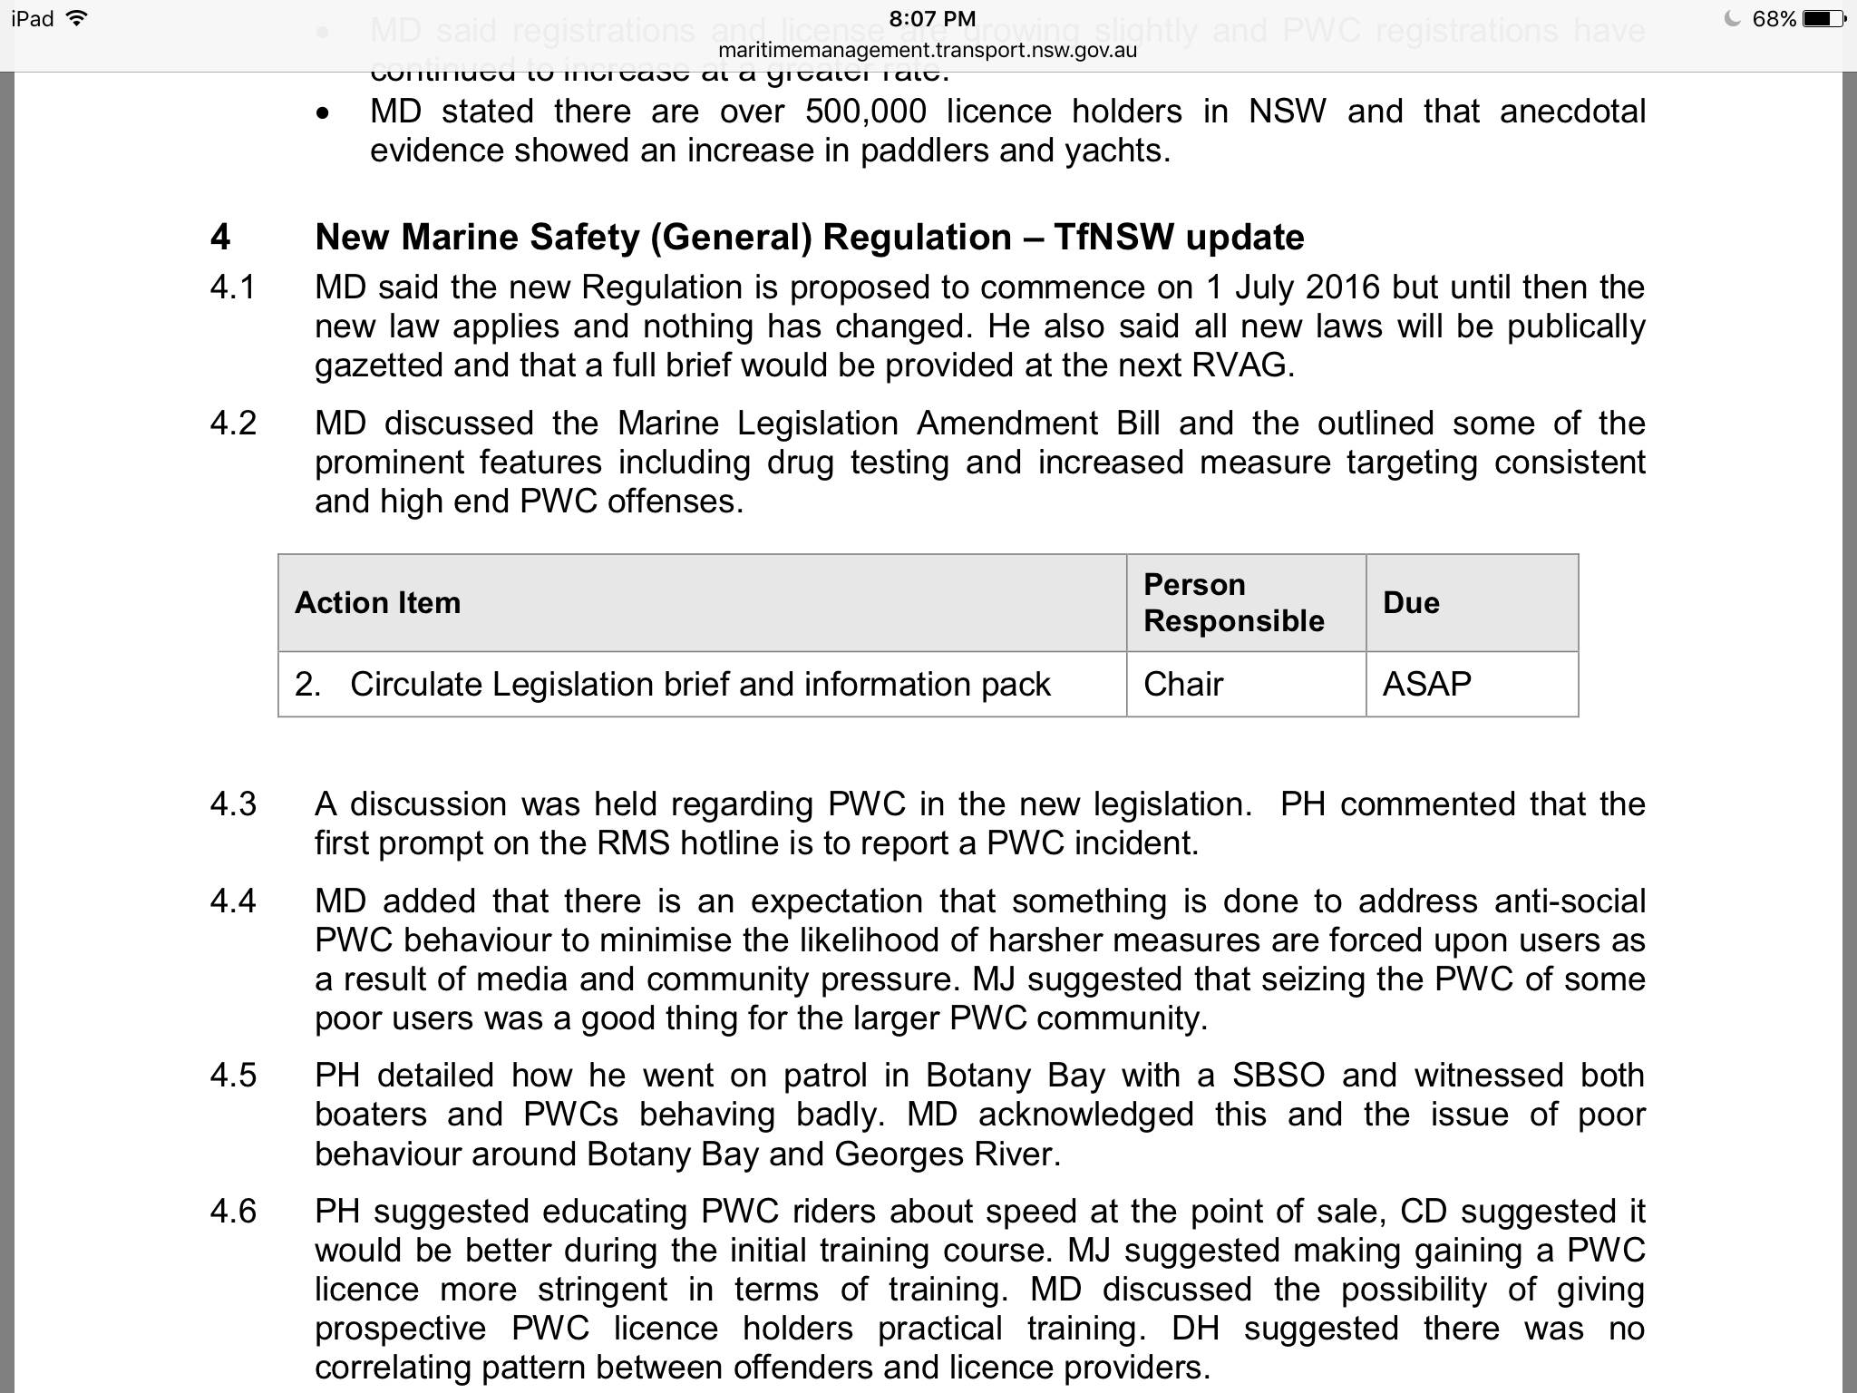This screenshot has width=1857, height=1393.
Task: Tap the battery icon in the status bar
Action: tap(1823, 19)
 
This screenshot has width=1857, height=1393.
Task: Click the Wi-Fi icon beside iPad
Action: tap(78, 18)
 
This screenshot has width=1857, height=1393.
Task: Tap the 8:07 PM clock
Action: tap(931, 19)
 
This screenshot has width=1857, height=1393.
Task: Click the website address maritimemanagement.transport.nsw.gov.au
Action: tap(928, 51)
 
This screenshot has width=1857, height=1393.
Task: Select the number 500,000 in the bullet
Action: tap(865, 112)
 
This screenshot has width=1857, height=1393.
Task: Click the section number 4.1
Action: tap(233, 287)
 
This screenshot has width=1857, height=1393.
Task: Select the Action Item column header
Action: tap(378, 603)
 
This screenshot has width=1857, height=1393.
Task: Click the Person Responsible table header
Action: tap(1233, 603)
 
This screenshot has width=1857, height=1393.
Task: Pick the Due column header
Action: tap(1411, 603)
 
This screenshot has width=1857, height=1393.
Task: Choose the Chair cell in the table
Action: tap(1183, 684)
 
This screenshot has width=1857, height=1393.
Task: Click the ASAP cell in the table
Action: tap(1426, 684)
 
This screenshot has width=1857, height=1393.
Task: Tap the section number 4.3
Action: tap(233, 804)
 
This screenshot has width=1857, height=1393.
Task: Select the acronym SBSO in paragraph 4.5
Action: tap(1279, 1076)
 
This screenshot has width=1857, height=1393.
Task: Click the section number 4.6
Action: tap(233, 1212)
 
